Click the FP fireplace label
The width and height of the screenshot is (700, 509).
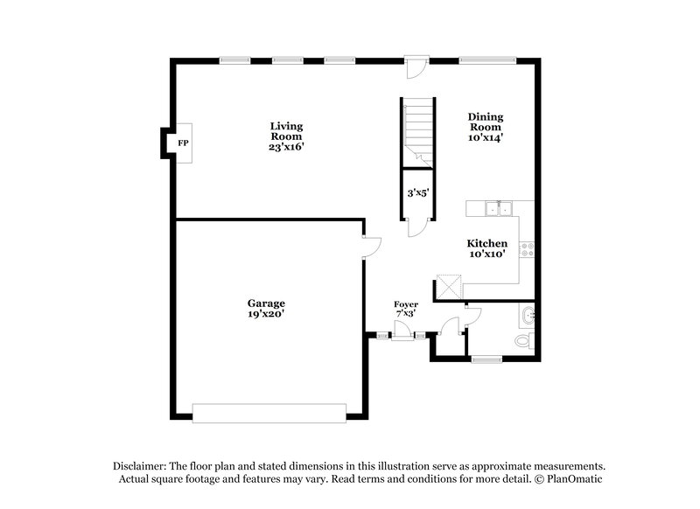183,143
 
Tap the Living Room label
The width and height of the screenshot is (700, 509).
286,136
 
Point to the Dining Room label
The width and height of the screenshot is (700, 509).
486,126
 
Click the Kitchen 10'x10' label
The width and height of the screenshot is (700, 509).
486,248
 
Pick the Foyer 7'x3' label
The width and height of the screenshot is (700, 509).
405,308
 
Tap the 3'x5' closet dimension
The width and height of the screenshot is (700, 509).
416,192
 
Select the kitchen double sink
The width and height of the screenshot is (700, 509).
500,208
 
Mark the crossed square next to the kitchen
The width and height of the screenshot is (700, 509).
449,287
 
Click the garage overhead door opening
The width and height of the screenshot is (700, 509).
269,412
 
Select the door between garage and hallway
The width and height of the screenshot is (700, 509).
371,244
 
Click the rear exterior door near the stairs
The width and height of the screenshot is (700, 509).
416,65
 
